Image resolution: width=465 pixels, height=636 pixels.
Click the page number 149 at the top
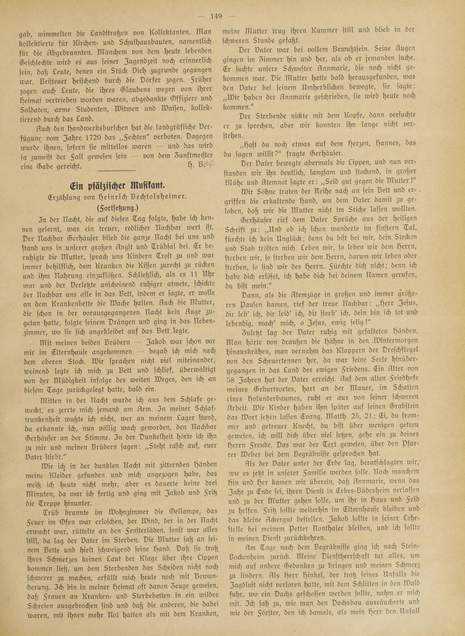(x=216, y=17)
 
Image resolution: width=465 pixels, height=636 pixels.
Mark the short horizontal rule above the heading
(x=116, y=170)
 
